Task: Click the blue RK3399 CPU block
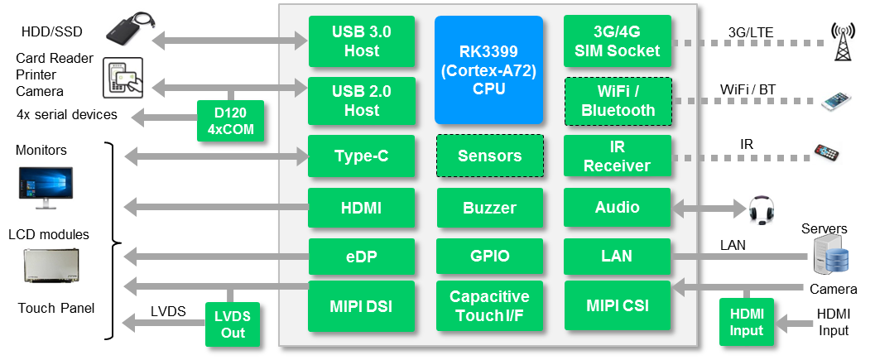(489, 69)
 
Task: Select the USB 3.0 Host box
(355, 41)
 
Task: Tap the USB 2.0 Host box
(355, 101)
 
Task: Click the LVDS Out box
(231, 324)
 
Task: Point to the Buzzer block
(489, 208)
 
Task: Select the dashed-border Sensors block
(489, 156)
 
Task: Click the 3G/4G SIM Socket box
(617, 41)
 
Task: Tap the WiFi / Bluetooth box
(617, 101)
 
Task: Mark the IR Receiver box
(617, 156)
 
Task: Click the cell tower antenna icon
(843, 41)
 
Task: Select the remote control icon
(827, 153)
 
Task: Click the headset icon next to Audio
(760, 210)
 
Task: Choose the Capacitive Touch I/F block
(489, 305)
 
